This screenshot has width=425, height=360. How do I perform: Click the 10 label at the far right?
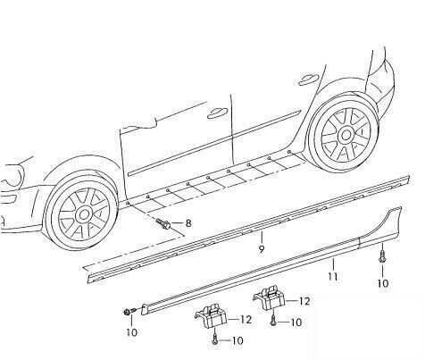pyautogui.click(x=382, y=283)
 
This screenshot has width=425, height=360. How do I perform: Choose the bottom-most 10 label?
pyautogui.click(x=237, y=340)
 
